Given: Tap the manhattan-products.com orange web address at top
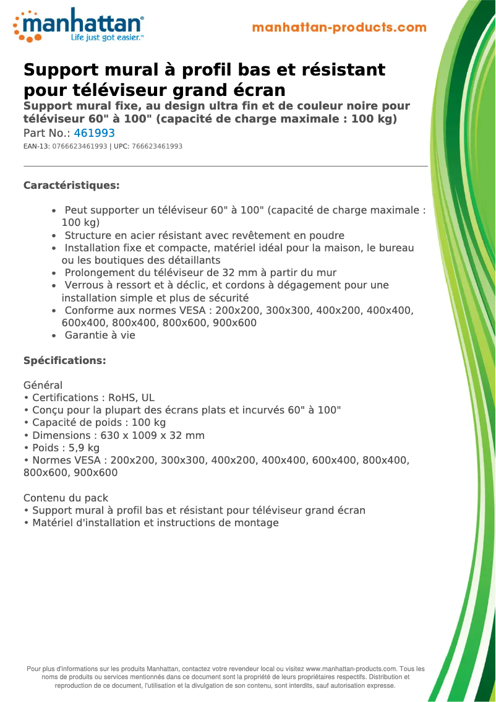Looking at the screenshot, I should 340,28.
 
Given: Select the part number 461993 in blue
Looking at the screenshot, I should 94,133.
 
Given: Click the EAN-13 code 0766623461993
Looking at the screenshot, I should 80,147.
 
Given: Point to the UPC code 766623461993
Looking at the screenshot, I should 157,147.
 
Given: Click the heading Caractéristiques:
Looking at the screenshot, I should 71,186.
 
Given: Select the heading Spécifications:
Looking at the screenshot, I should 64,361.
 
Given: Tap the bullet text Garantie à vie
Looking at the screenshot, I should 100,336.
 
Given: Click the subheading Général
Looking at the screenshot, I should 43,386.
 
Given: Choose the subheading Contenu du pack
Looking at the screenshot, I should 66,498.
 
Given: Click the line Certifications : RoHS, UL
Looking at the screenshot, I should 89,398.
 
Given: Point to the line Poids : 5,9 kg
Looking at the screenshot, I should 62,448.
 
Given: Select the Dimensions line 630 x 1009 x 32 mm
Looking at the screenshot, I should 114,436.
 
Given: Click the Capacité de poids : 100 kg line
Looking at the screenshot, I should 95,423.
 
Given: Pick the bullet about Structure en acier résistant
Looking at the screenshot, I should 204,236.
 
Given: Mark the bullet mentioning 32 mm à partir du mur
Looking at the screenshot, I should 200,273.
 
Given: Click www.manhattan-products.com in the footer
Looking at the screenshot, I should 351,669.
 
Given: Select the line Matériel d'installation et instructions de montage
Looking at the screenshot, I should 151,523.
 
